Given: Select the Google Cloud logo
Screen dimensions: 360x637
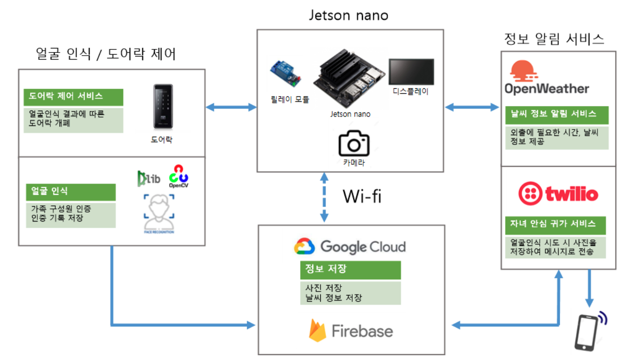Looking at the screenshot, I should pos(350,247).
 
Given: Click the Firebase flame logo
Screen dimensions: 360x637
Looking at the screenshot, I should pos(317,331).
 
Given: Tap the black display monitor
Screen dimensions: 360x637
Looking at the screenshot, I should pos(411,71).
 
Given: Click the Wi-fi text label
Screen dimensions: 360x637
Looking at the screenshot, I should pos(362,196).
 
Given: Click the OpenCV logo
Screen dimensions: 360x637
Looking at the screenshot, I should pos(179,176).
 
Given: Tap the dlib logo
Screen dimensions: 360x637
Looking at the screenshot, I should pos(148,178).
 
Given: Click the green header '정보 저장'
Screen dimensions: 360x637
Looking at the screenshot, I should pos(350,270).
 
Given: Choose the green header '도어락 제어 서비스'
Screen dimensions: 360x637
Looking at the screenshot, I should pos(73,97).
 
